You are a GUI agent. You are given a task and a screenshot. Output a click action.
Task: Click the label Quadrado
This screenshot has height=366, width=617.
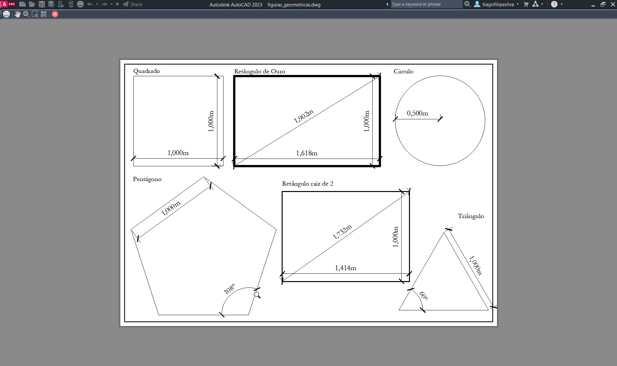coord(147,71)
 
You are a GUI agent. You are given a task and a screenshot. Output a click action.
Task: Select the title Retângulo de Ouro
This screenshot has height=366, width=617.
coord(259,71)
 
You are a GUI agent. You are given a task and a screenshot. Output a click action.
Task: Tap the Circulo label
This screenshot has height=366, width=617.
coord(403,71)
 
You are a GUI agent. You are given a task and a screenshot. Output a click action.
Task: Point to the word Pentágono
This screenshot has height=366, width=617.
coord(147,179)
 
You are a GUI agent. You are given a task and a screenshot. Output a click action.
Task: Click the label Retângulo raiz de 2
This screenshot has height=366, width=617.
coord(308,184)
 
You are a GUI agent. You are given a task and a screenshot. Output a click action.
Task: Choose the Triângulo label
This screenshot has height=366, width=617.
coord(471,216)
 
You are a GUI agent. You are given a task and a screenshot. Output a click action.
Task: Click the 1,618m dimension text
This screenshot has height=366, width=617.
coord(306,153)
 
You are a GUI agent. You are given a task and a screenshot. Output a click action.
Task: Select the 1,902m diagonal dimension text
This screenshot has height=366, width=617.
coord(304,116)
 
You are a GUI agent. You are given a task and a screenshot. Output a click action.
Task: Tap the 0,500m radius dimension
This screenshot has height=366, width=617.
coord(417,113)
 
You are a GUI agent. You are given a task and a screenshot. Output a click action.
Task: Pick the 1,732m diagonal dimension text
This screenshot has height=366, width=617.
coord(342,232)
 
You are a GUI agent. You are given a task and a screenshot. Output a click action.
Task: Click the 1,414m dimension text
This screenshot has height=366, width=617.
coord(345,268)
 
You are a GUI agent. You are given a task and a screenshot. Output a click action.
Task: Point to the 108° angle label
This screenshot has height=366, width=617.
coord(229,289)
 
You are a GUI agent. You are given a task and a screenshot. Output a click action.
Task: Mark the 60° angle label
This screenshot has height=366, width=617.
coord(423,296)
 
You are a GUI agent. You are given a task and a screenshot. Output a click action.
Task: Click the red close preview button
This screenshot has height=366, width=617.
coord(55,14)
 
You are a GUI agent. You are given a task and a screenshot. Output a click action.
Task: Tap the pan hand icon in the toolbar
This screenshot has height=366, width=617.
coord(17,14)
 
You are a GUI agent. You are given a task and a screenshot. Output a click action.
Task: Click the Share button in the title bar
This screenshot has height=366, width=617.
coord(132,5)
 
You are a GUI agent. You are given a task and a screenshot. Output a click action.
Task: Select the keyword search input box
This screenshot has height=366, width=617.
coord(426,5)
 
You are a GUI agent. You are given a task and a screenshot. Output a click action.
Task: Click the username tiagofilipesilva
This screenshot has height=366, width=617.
coord(498,5)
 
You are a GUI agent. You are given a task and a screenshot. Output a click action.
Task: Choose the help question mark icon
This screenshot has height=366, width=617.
coord(554,5)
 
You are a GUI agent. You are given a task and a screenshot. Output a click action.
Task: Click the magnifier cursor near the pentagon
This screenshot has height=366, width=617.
coord(257,295)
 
